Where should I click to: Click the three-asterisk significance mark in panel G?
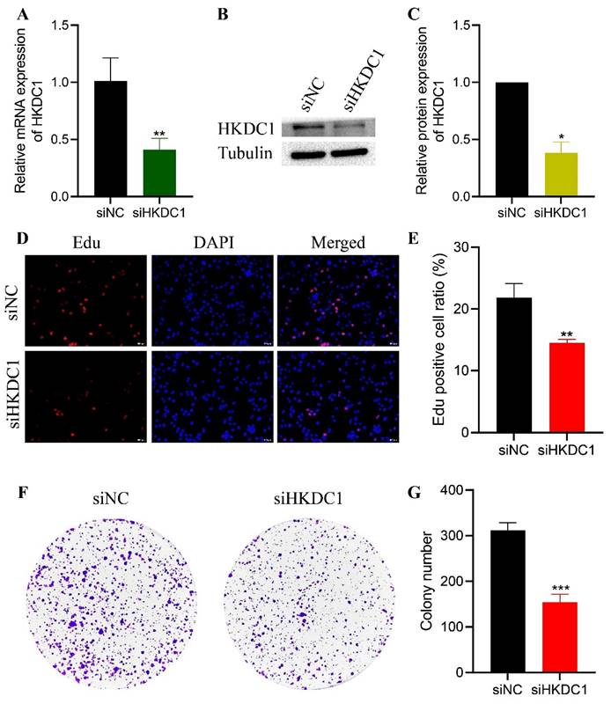(562, 587)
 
